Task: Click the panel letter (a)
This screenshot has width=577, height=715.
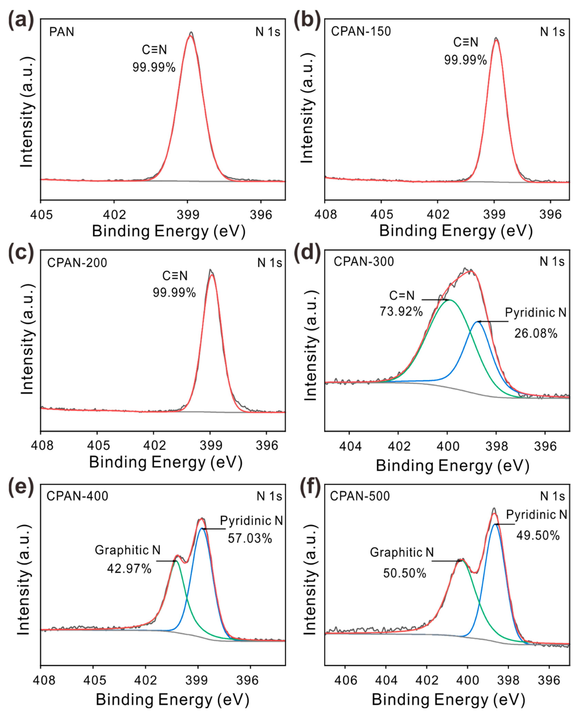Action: (21, 21)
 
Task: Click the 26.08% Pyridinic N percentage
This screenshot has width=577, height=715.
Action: (536, 333)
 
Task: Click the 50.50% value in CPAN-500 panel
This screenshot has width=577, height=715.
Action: (405, 573)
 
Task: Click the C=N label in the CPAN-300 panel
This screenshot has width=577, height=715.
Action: (402, 295)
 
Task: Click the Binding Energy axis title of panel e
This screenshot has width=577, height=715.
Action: (172, 699)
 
